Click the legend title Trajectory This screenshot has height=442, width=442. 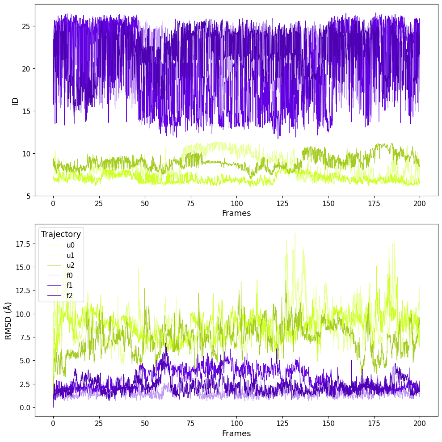point(61,234)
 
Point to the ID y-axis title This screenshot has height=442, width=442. point(15,100)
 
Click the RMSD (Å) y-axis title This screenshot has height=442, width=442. point(8,320)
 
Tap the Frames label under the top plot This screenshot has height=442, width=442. point(236,213)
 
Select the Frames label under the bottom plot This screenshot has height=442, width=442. point(236,434)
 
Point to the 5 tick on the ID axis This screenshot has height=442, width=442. point(28,196)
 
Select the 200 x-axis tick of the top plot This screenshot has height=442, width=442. point(420,203)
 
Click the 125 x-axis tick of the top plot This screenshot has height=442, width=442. point(282,203)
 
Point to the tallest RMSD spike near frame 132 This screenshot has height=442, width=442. point(295,233)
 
